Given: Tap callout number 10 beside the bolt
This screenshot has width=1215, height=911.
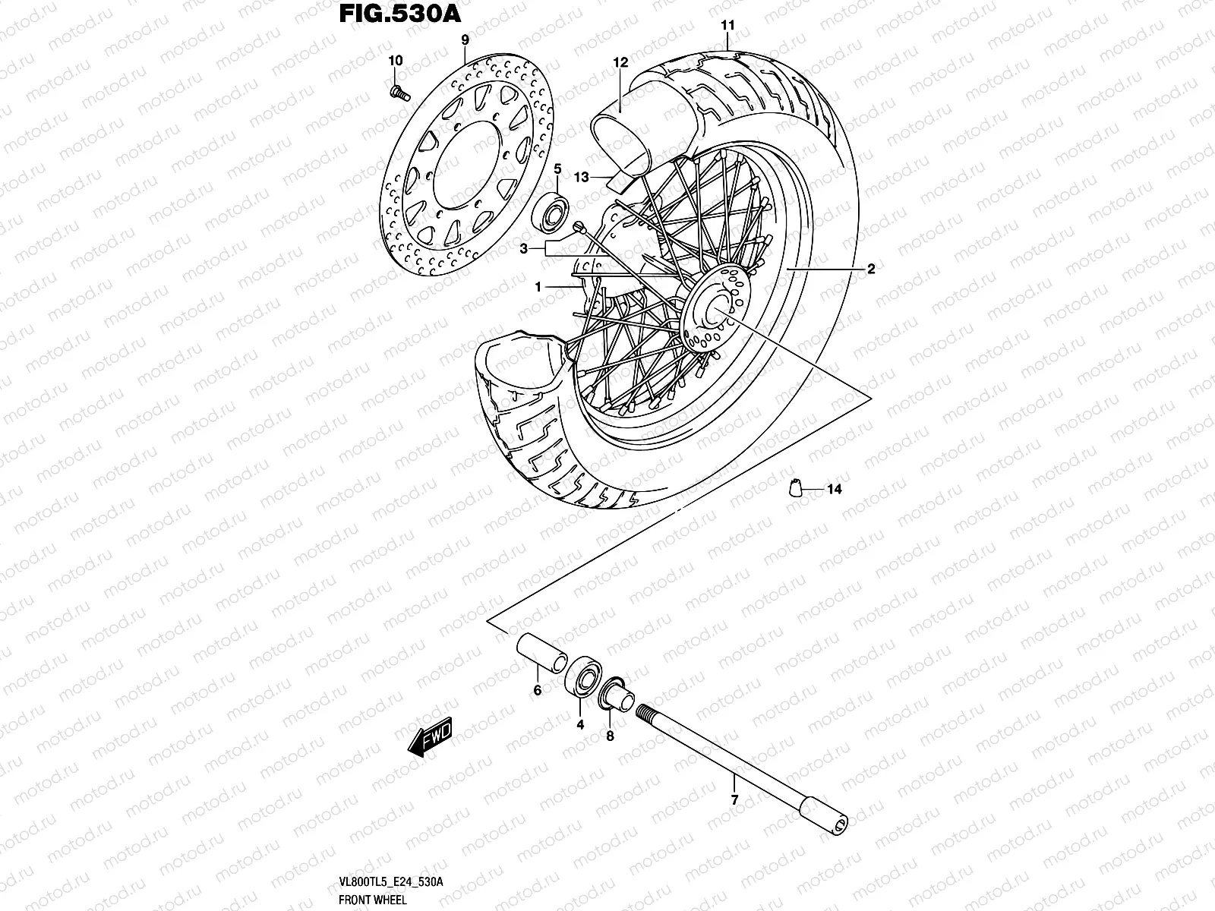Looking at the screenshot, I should click(x=395, y=60).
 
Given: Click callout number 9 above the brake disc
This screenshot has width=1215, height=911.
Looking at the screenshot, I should click(x=465, y=39).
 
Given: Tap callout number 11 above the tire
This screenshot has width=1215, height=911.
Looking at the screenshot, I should click(x=727, y=25).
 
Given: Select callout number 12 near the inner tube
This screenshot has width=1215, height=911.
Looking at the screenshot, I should click(x=621, y=62).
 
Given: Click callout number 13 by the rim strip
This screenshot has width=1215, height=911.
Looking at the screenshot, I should click(x=582, y=177).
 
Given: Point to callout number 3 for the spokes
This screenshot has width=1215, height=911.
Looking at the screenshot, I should click(x=524, y=248).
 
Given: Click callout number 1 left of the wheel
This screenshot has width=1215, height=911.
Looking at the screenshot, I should click(x=538, y=287).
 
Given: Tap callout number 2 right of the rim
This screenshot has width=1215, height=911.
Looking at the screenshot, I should click(x=871, y=269).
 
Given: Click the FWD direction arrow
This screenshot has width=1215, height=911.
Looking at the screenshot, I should click(x=431, y=736).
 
